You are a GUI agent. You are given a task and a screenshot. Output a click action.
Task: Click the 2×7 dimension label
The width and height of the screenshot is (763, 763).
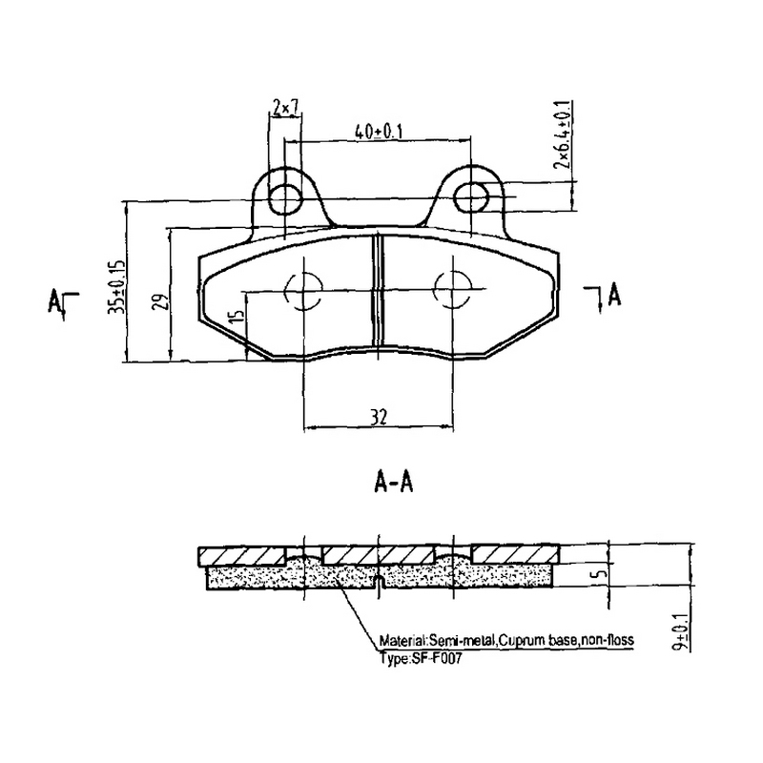pos(285,107)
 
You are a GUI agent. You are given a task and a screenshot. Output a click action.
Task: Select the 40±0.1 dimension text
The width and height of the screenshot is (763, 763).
pos(378,132)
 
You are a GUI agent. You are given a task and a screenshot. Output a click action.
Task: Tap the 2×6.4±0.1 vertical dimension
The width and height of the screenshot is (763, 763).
pos(562,134)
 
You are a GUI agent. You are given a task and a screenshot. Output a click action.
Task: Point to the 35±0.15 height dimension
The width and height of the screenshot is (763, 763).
pos(116,286)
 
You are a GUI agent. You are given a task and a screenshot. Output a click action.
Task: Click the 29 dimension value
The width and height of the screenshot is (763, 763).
pos(163,301)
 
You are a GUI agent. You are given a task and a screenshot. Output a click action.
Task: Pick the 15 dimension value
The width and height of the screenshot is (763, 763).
pos(237,314)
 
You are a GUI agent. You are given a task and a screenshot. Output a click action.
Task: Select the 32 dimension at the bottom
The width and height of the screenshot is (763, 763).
pos(379,417)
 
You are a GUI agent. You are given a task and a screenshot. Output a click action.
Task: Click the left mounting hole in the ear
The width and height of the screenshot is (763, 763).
pos(285,198)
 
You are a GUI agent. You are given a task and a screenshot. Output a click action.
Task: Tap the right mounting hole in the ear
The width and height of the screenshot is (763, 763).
pos(470,197)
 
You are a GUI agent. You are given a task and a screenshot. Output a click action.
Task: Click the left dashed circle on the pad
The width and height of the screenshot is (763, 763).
pos(303,291)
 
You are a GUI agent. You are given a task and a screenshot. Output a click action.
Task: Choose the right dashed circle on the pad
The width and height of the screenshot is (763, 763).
pos(453,289)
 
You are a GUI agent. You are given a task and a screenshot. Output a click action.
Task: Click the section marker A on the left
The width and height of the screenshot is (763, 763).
pos(54,299)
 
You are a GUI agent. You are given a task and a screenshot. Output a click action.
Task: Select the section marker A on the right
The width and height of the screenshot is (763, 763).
pos(614,295)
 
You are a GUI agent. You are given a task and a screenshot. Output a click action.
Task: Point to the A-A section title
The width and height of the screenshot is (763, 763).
pos(393,484)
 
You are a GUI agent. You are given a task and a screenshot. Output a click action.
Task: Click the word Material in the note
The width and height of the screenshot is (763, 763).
pos(400,639)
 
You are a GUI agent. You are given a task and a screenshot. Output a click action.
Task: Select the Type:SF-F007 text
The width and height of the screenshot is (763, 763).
pos(420,659)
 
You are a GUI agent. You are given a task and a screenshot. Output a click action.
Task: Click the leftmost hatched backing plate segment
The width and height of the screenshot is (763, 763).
pos(242,556)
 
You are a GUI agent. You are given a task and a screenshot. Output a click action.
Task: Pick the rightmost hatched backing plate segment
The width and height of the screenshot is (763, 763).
pos(516,555)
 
